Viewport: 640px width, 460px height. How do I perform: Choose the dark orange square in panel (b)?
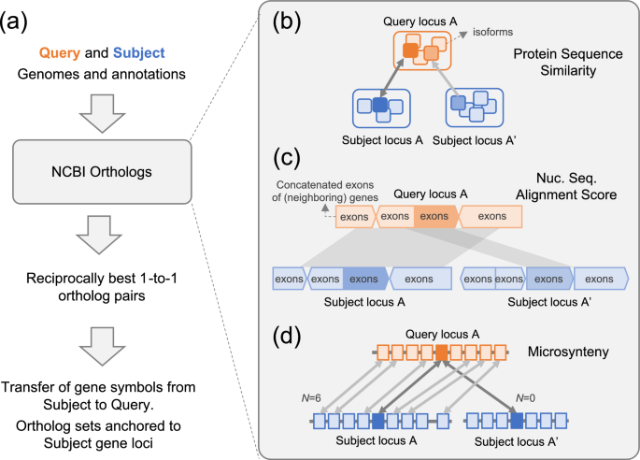[x=409, y=50]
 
